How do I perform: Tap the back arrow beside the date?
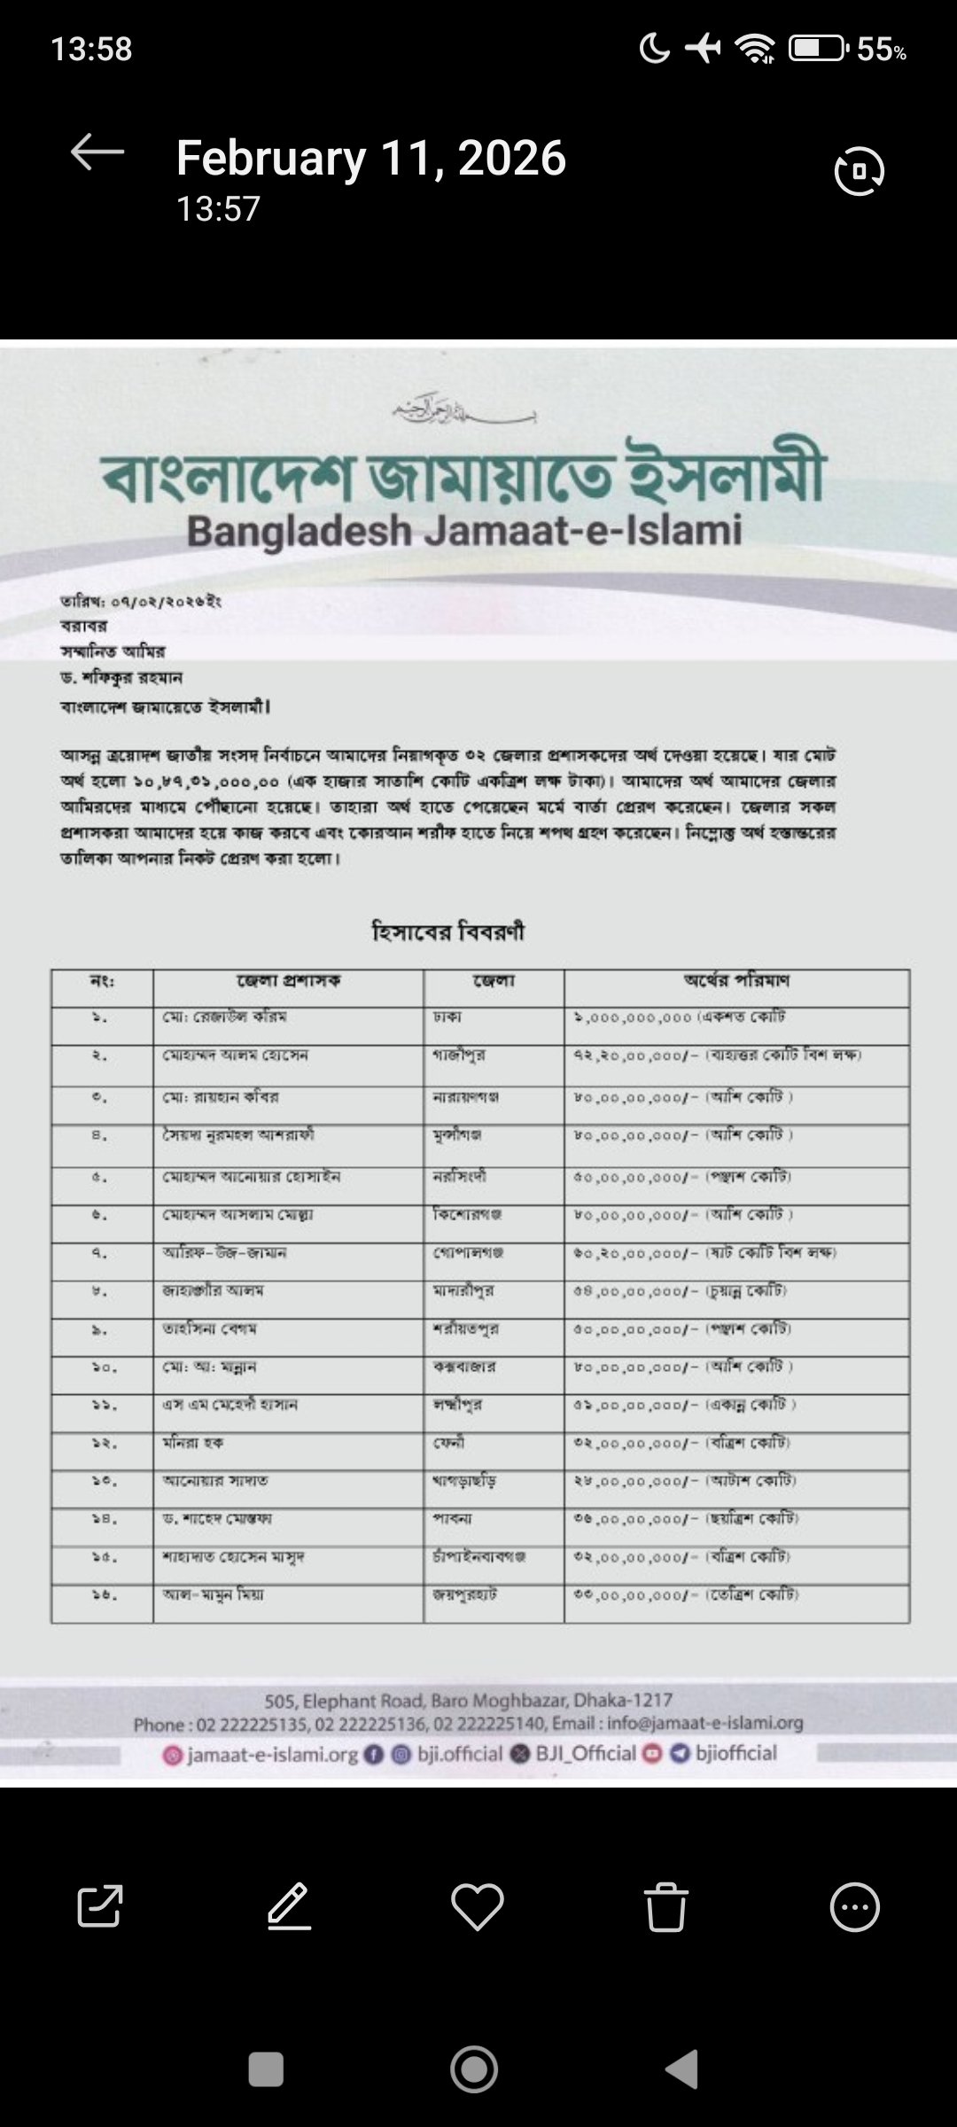pos(97,153)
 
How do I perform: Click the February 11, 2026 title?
pos(370,158)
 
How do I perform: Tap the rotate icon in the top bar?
pos(859,171)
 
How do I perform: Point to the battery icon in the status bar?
pos(818,49)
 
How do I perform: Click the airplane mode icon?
pos(704,49)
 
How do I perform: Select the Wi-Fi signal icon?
pos(756,50)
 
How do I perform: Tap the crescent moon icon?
pos(655,49)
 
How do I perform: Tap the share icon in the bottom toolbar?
pos(99,1906)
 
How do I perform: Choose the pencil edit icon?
pos(289,1906)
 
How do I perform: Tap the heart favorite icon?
pos(478,1906)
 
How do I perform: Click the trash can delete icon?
pos(665,1906)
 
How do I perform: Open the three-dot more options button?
pos(855,1906)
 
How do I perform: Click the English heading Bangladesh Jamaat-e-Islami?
pos(464,531)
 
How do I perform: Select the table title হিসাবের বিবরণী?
pos(447,931)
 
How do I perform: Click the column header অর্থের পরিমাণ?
pos(736,980)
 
